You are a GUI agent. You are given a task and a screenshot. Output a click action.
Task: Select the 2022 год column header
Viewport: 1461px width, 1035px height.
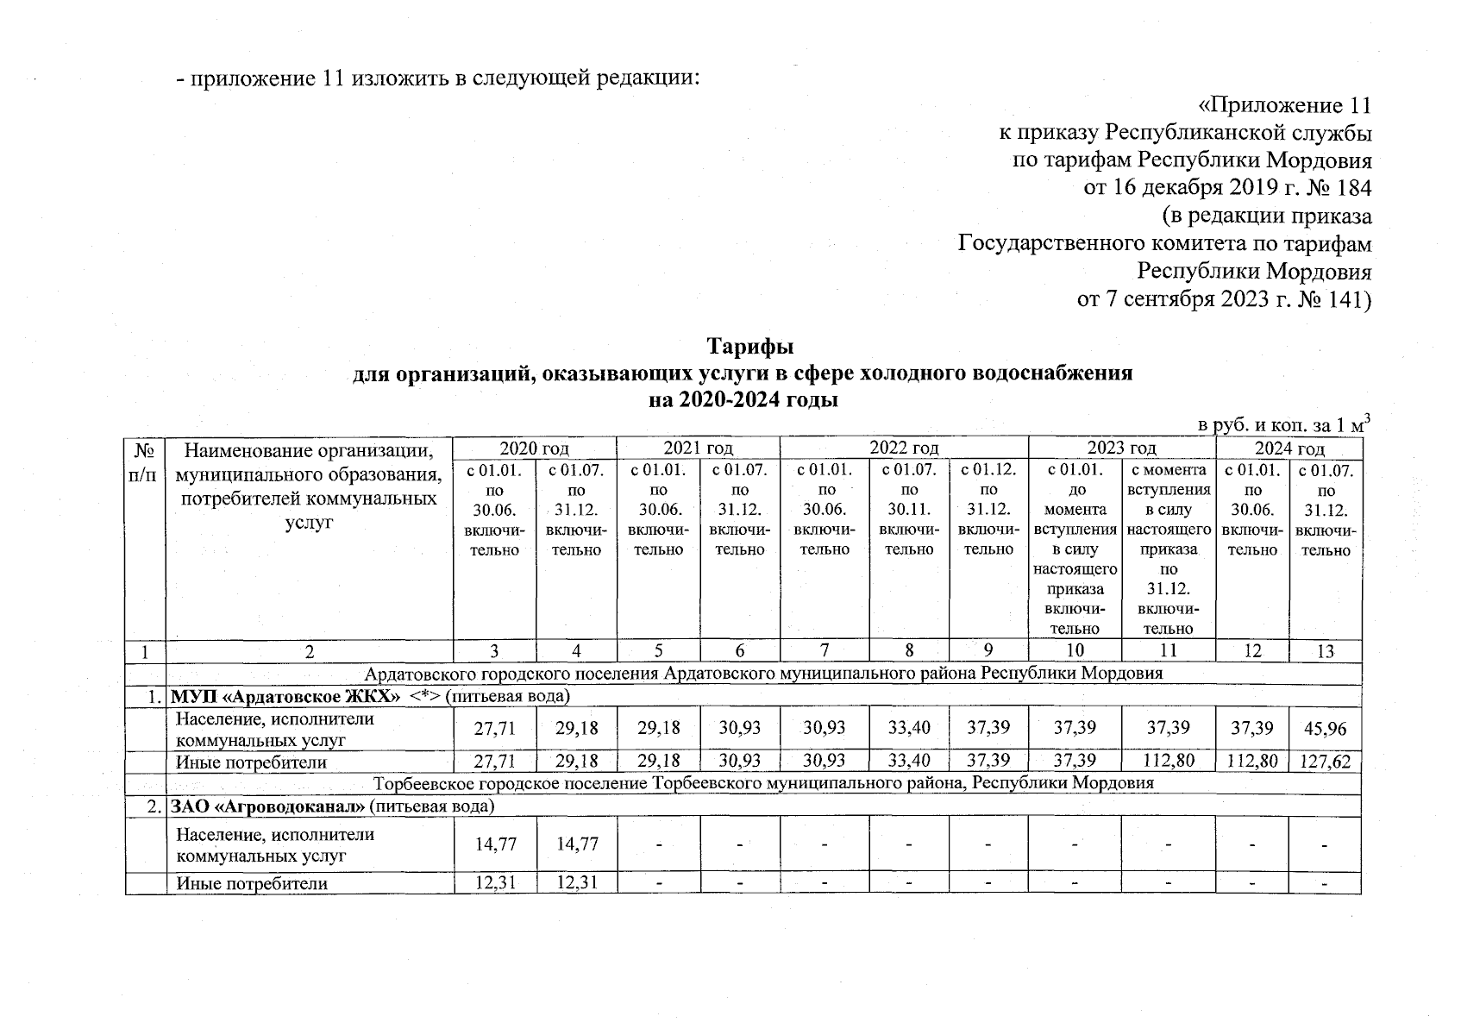(x=903, y=448)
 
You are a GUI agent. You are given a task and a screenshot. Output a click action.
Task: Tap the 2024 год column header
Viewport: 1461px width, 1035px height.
(x=1289, y=448)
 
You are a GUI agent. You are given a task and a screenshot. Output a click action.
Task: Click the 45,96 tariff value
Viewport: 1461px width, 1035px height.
(x=1325, y=729)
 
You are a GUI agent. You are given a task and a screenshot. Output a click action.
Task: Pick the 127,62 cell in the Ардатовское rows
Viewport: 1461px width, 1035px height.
(x=1325, y=762)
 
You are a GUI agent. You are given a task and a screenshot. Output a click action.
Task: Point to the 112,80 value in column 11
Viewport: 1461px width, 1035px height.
(x=1168, y=762)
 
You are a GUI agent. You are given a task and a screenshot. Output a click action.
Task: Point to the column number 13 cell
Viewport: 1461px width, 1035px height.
(x=1325, y=651)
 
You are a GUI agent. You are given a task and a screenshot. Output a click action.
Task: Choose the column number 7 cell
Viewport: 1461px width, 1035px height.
(x=824, y=651)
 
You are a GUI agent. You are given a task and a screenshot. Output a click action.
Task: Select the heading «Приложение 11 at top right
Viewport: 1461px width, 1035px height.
(x=1285, y=106)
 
